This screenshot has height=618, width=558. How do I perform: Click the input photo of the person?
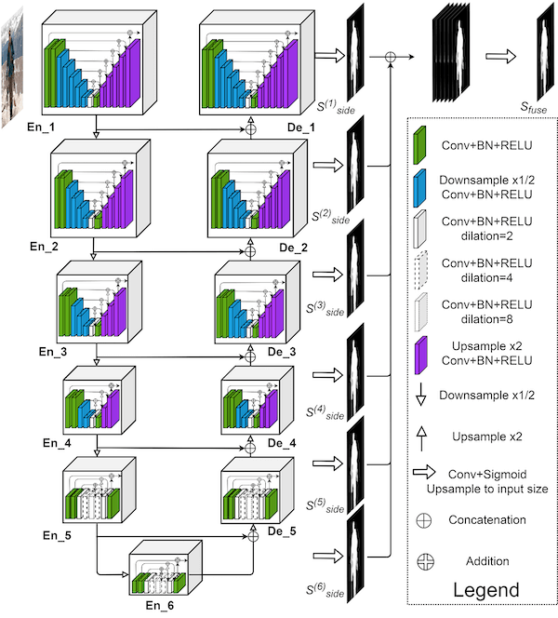(20, 64)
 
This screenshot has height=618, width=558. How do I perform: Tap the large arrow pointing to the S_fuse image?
(501, 58)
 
